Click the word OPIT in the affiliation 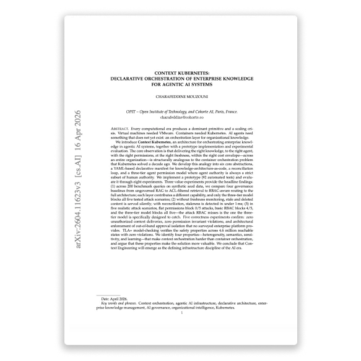pos(147,111)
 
